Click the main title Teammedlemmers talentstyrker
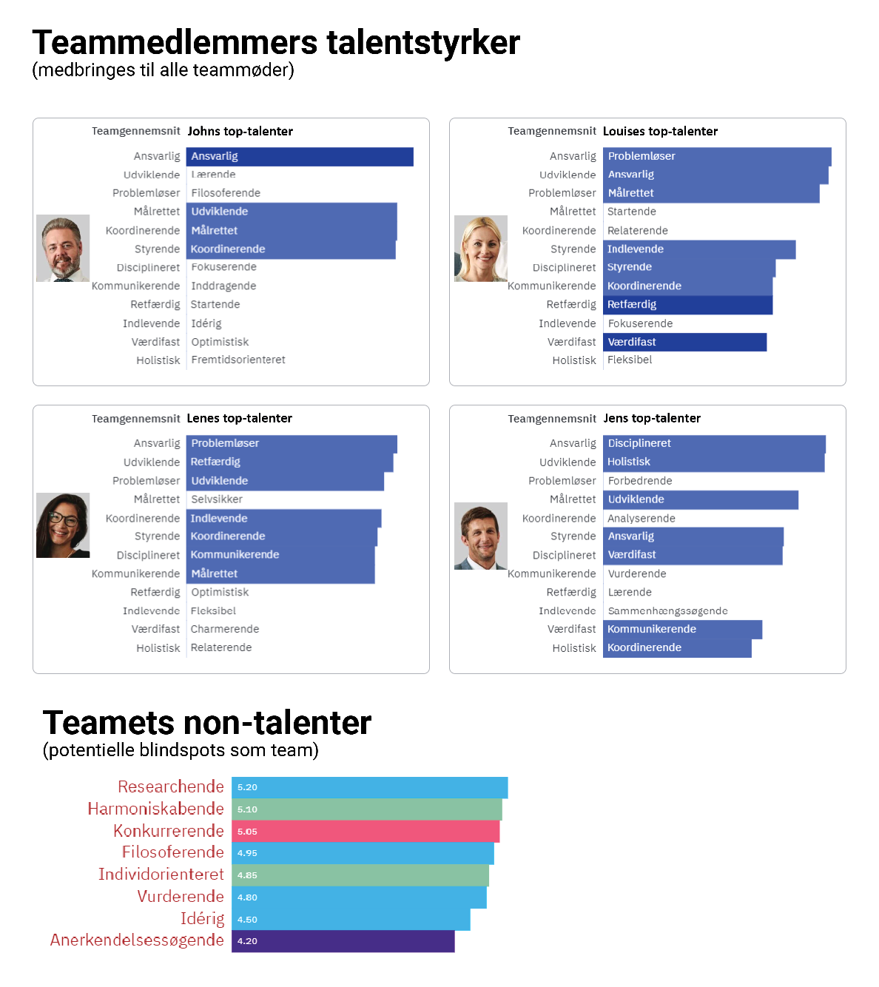pyautogui.click(x=275, y=43)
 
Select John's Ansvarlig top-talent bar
pyautogui.click(x=299, y=157)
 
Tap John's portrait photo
pyautogui.click(x=63, y=249)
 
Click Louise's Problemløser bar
pyautogui.click(x=716, y=157)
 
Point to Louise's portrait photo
pyautogui.click(x=481, y=249)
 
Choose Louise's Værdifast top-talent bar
pyautogui.click(x=684, y=342)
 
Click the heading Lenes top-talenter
pyautogui.click(x=239, y=419)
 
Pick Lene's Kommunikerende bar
pyautogui.click(x=281, y=555)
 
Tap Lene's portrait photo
pyautogui.click(x=63, y=525)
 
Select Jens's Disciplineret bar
pyautogui.click(x=714, y=444)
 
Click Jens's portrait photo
pyautogui.click(x=481, y=536)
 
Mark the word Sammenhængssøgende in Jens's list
pyautogui.click(x=667, y=611)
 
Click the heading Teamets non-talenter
pyautogui.click(x=207, y=723)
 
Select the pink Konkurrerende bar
pyautogui.click(x=366, y=832)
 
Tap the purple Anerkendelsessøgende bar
pyautogui.click(x=343, y=941)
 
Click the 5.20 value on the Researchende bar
pyautogui.click(x=247, y=788)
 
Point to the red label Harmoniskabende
pyautogui.click(x=155, y=809)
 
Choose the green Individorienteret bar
pyautogui.click(x=360, y=875)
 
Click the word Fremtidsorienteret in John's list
pyautogui.click(x=238, y=360)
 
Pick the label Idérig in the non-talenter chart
pyautogui.click(x=202, y=919)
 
